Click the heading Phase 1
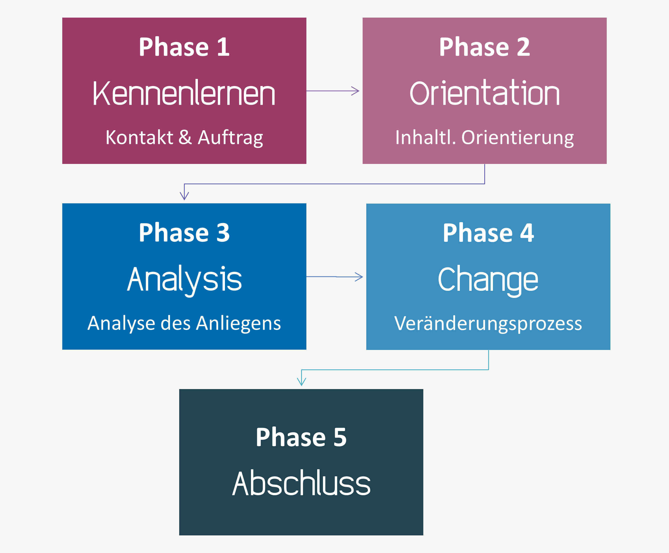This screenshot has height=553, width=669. [184, 47]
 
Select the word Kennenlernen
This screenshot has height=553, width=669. [184, 93]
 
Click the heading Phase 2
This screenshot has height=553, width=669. [485, 47]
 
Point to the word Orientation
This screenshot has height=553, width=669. [485, 93]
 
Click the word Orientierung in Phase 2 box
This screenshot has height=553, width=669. [518, 138]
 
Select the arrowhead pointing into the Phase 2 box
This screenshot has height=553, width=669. [355, 91]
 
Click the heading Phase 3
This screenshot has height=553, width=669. [184, 232]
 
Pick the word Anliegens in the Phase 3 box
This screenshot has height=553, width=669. [238, 324]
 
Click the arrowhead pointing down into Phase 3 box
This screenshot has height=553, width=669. [184, 196]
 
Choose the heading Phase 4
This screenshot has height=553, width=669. [488, 233]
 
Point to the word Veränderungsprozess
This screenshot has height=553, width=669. [488, 324]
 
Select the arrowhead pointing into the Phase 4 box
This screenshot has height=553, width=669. [359, 277]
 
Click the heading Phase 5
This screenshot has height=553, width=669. [301, 437]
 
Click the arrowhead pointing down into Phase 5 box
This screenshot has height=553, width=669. [301, 382]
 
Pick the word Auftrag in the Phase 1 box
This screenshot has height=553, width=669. [230, 138]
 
